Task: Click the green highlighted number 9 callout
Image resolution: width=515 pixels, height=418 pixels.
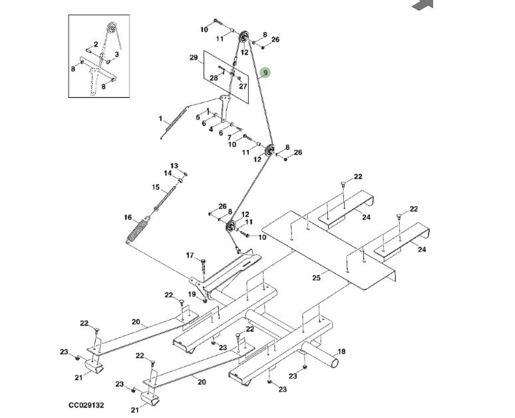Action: click(265, 73)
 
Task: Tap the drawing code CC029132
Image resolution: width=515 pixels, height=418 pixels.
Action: click(86, 405)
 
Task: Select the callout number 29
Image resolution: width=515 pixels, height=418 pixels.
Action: click(194, 57)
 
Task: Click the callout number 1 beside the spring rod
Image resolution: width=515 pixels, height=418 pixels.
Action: click(160, 119)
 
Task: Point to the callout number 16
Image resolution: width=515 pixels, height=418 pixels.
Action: click(128, 217)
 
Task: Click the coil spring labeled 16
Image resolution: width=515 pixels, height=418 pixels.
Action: click(137, 231)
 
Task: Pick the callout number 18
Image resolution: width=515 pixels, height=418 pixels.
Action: click(341, 351)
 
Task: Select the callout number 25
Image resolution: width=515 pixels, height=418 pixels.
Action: click(316, 278)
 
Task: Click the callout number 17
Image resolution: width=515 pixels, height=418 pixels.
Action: click(190, 255)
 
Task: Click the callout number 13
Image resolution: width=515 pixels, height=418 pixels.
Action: click(174, 165)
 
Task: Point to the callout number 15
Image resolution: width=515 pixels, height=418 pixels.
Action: click(156, 187)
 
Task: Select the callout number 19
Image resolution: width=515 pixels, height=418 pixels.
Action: click(192, 294)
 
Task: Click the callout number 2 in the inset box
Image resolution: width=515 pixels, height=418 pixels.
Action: click(96, 44)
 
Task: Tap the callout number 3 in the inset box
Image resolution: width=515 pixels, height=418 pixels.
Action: click(116, 54)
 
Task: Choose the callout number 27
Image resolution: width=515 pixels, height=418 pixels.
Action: click(243, 86)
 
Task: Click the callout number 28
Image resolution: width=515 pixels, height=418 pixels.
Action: click(214, 78)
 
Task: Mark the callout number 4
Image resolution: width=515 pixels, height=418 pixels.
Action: click(210, 130)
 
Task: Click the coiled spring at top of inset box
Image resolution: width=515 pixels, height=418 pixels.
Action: click(112, 29)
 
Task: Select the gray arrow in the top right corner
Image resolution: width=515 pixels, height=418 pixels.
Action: click(424, 5)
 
